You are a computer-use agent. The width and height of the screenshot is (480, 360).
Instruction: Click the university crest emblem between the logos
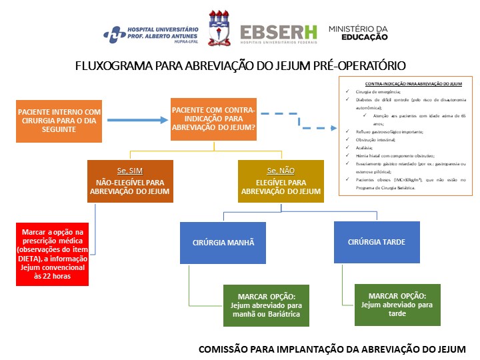(x=221, y=29)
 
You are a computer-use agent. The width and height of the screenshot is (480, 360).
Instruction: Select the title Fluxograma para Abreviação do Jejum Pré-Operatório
(x=241, y=66)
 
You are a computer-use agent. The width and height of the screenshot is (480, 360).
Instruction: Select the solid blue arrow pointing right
(x=136, y=121)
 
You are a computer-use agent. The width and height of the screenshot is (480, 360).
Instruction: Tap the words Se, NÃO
(x=281, y=171)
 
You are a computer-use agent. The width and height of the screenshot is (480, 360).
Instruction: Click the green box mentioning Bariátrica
(x=266, y=305)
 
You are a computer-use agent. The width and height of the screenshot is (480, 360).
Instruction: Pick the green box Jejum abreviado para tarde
(x=397, y=305)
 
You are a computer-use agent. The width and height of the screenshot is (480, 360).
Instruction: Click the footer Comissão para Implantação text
(x=332, y=349)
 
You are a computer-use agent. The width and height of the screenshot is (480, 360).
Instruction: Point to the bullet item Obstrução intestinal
(x=372, y=139)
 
